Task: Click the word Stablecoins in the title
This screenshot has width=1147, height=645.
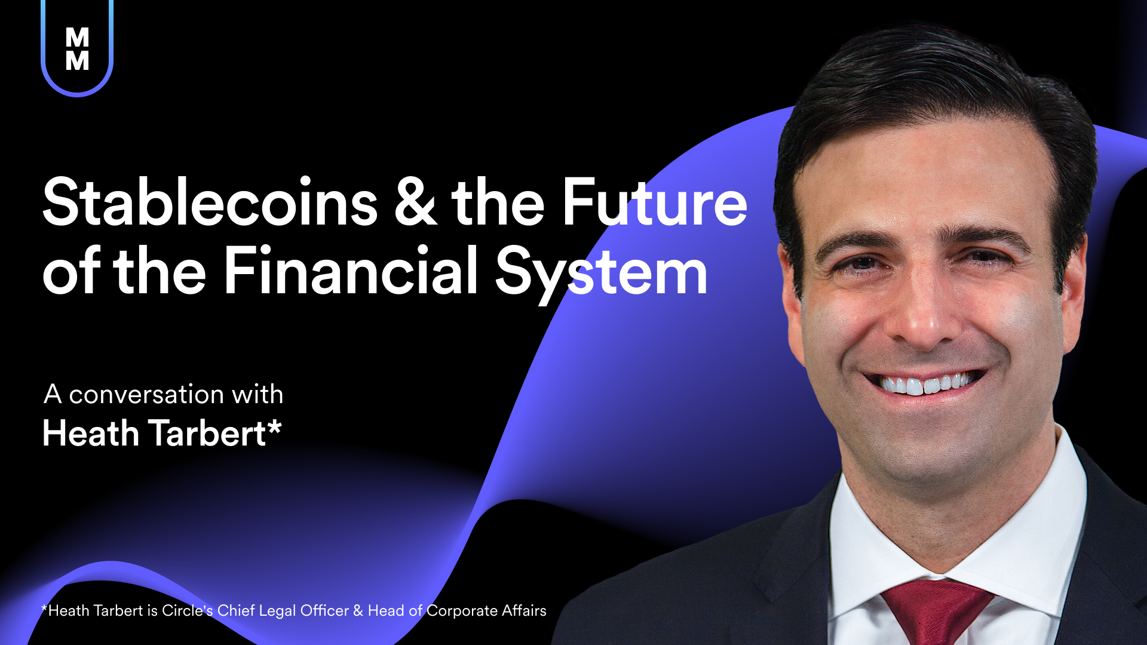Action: point(210,202)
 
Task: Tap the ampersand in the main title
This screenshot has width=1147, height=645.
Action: point(416,202)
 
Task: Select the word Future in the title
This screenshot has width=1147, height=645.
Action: point(655,202)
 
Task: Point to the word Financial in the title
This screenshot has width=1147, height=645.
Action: point(351,270)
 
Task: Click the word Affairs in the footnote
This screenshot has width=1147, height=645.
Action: point(524,610)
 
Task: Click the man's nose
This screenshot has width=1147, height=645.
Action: point(923,311)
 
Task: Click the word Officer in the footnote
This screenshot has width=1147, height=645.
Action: point(324,610)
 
